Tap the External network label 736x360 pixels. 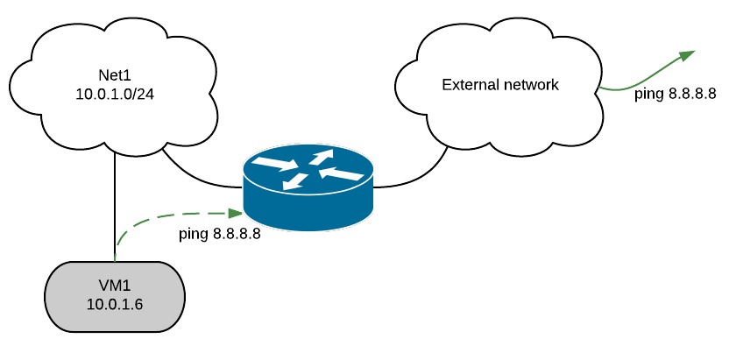[x=499, y=85]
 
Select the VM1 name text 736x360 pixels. [x=115, y=287]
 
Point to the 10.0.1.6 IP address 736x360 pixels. [x=115, y=304]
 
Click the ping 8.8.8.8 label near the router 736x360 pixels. [x=219, y=234]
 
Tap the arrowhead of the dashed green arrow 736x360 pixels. [x=236, y=213]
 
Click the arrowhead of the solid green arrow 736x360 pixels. [x=687, y=55]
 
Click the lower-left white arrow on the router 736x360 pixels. [x=294, y=181]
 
